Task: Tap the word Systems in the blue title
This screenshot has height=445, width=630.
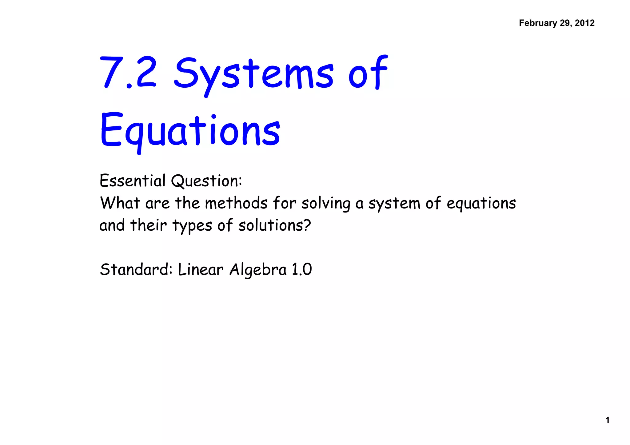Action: click(x=253, y=74)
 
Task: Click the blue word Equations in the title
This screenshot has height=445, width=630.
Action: click(x=190, y=131)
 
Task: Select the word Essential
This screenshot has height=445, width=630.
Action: click(x=133, y=181)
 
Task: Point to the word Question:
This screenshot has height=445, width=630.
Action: click(x=206, y=181)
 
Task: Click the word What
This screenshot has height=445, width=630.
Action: click(x=120, y=203)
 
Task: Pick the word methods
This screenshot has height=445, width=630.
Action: click(x=236, y=203)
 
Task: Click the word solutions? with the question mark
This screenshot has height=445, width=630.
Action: click(x=274, y=225)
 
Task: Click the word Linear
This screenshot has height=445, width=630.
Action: click(x=201, y=270)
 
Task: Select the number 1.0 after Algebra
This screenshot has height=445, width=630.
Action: click(x=301, y=270)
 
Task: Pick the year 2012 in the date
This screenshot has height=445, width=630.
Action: click(x=584, y=23)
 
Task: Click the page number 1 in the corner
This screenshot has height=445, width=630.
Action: click(x=607, y=420)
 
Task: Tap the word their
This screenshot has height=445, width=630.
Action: click(x=148, y=225)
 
